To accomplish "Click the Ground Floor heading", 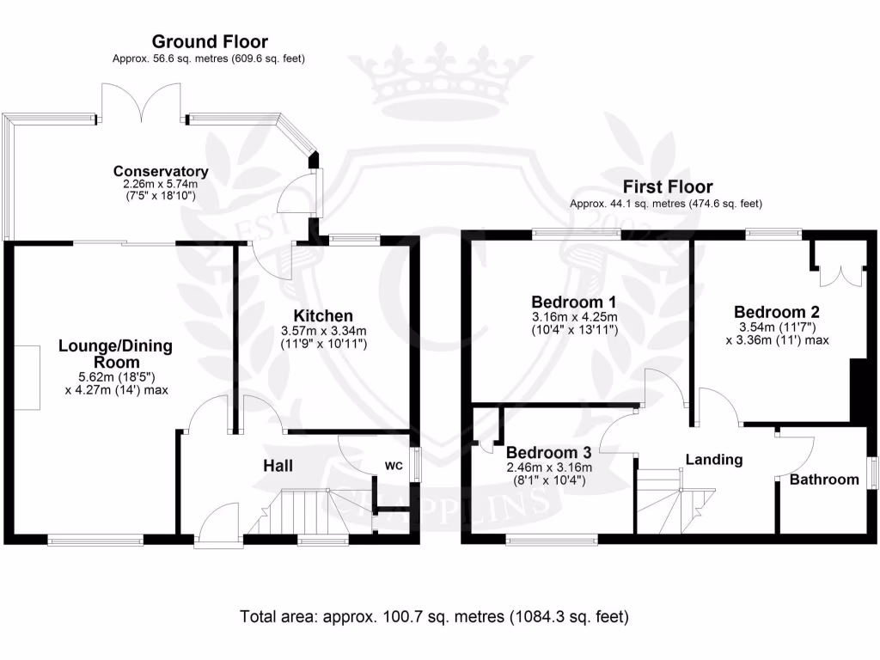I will tap(210, 41).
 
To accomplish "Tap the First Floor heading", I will tap(668, 186).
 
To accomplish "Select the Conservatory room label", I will tap(161, 170).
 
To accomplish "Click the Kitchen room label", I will tap(322, 315).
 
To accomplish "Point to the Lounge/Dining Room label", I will tap(115, 354).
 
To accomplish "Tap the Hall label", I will tap(277, 466).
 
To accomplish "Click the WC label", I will tap(394, 466).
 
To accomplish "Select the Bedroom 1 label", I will tap(574, 302).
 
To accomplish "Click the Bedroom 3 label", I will tap(548, 453).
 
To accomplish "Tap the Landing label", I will tap(713, 460).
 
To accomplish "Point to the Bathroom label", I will tap(824, 480).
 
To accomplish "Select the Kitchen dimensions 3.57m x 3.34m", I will tap(322, 332).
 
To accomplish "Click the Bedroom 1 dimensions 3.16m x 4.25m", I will tap(574, 317).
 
